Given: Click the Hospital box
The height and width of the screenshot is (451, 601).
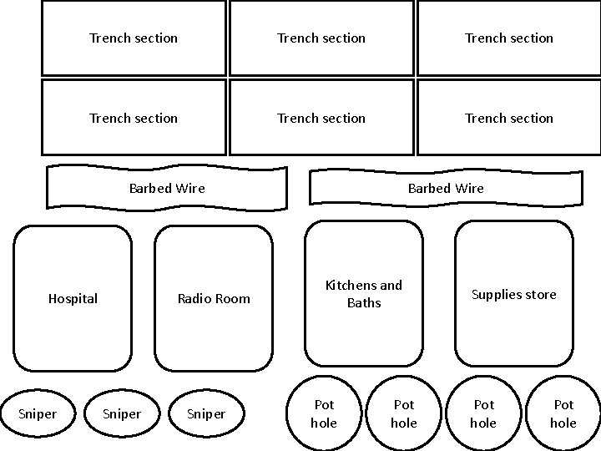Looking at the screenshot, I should tap(72, 298).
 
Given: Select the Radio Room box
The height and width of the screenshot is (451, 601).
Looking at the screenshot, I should tap(214, 298).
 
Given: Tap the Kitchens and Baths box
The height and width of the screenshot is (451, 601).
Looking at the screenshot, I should tap(364, 293).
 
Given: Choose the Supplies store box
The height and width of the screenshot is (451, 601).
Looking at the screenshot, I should tap(513, 294).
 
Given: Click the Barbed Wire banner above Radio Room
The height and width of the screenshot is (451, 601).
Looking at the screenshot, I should tap(167, 188).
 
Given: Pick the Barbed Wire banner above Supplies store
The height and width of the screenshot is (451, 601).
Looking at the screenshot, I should tap(446, 188).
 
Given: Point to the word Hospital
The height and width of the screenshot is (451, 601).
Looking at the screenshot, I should tap(73, 298).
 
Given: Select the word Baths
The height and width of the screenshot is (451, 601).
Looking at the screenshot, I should tap(364, 302).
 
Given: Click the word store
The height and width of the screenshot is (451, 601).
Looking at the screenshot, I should tap(540, 294).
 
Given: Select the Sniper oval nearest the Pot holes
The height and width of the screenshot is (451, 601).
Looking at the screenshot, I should tap(206, 413).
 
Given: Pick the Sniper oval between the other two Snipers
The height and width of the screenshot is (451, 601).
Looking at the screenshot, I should tap(121, 413).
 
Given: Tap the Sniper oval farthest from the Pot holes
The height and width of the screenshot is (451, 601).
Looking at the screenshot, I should tap(38, 413).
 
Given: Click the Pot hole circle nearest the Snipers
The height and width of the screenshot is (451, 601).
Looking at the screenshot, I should tap(324, 413).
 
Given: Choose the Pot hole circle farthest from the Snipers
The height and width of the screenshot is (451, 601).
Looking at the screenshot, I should tap(563, 413).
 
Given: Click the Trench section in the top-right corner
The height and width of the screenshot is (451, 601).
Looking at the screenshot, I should tap(509, 38).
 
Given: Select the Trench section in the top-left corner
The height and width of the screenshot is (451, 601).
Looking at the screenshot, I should tap(134, 38).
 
